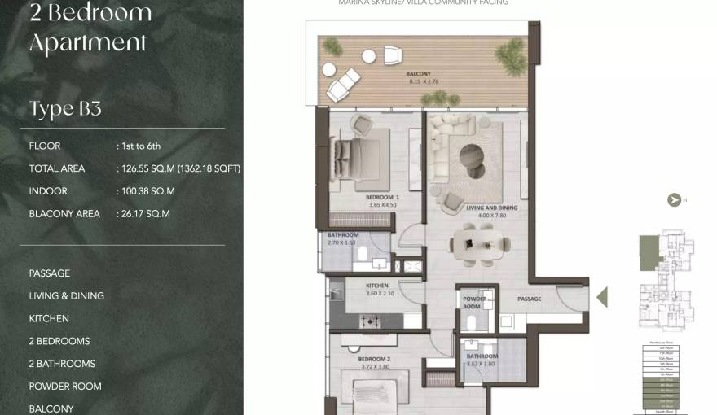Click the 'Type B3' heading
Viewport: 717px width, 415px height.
65,109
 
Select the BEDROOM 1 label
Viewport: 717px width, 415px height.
381,198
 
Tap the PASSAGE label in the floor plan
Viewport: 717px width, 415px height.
529,299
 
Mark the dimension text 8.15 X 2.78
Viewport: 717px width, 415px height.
422,82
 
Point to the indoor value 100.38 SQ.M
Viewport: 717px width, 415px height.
147,191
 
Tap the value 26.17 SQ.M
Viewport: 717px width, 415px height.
145,214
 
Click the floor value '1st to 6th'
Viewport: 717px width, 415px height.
141,146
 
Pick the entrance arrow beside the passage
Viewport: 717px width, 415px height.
602,296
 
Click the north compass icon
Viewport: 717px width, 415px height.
674,199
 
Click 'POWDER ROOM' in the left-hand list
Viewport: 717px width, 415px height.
65,387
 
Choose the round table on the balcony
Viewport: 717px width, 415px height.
368,55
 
